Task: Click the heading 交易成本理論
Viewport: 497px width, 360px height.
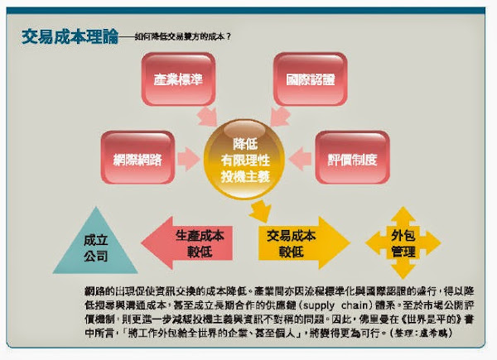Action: [x=66, y=37]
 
